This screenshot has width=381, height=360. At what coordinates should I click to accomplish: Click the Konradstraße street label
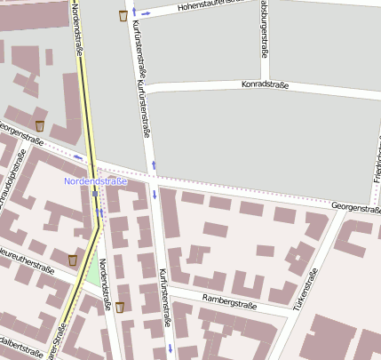(x=266, y=85)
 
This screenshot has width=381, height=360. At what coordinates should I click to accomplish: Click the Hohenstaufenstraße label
(x=211, y=4)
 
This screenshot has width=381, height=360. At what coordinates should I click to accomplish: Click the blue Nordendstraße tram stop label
(x=96, y=180)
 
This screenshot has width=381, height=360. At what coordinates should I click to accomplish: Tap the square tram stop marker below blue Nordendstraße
(x=95, y=193)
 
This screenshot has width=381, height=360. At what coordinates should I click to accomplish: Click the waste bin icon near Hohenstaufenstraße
(x=122, y=15)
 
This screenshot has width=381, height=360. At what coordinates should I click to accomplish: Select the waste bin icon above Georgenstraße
(x=39, y=125)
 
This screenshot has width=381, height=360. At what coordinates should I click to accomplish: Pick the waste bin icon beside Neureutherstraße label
(x=72, y=260)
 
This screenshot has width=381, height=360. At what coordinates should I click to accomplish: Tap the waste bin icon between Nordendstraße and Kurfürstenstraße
(x=120, y=307)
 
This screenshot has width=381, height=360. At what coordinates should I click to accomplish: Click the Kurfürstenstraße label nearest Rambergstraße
(x=164, y=298)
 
